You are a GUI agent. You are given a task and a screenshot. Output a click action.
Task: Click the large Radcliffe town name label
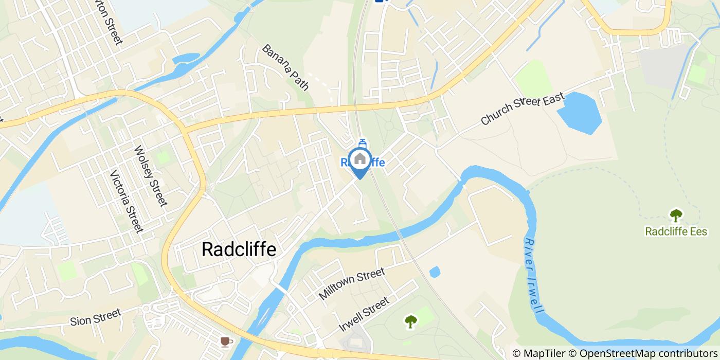[239, 249]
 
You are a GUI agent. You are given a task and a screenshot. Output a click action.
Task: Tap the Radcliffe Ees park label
[676, 231]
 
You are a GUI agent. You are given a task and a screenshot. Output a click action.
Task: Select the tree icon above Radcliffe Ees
[676, 215]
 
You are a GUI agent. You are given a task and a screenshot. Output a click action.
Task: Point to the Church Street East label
[523, 108]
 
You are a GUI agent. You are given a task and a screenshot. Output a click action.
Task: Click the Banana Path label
[285, 67]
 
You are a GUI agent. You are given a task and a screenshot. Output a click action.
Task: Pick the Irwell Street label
[364, 314]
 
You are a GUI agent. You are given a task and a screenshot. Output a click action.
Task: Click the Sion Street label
[95, 317]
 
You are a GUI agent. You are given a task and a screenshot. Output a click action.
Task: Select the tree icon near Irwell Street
[410, 322]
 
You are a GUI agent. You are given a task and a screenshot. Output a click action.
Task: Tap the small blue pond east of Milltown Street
[435, 272]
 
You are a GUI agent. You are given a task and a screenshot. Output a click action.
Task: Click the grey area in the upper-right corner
[663, 67]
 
